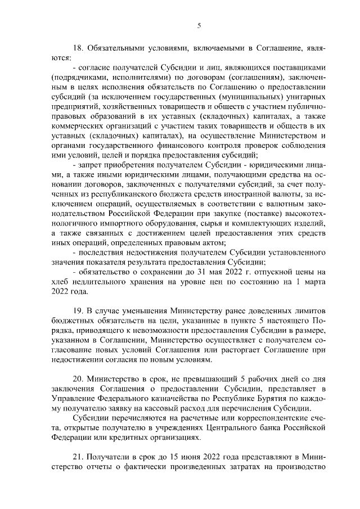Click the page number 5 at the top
click(200, 25)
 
